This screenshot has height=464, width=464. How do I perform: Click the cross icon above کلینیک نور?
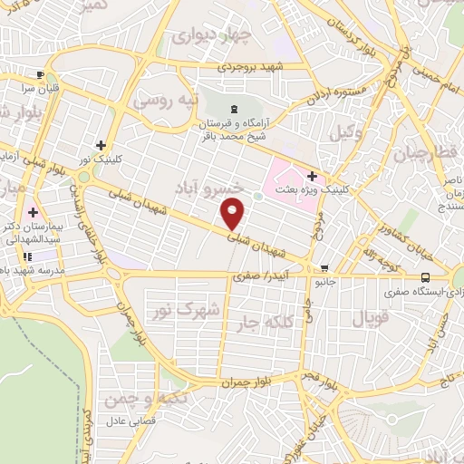[101, 145]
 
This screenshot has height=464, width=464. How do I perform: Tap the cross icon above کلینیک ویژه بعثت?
[312, 176]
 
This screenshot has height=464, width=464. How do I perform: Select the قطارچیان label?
[426, 153]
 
